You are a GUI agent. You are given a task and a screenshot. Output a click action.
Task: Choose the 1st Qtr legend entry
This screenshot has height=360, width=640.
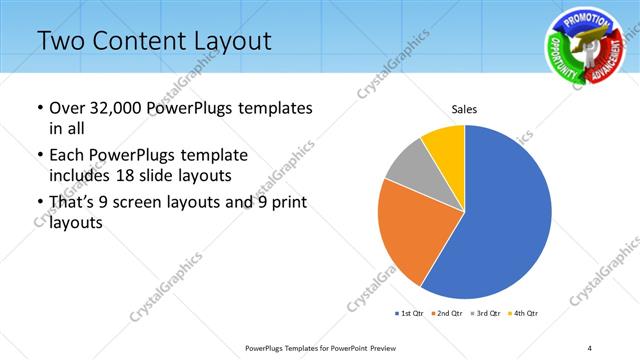(x=410, y=314)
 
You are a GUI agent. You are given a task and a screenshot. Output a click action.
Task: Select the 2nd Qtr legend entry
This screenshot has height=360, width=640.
(x=446, y=314)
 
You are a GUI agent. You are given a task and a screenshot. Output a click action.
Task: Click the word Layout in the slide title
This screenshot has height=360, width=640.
(x=225, y=41)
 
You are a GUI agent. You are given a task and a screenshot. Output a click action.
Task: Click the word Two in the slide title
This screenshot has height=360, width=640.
(x=60, y=41)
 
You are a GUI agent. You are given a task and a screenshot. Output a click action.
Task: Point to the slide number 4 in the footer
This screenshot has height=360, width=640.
(x=590, y=347)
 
